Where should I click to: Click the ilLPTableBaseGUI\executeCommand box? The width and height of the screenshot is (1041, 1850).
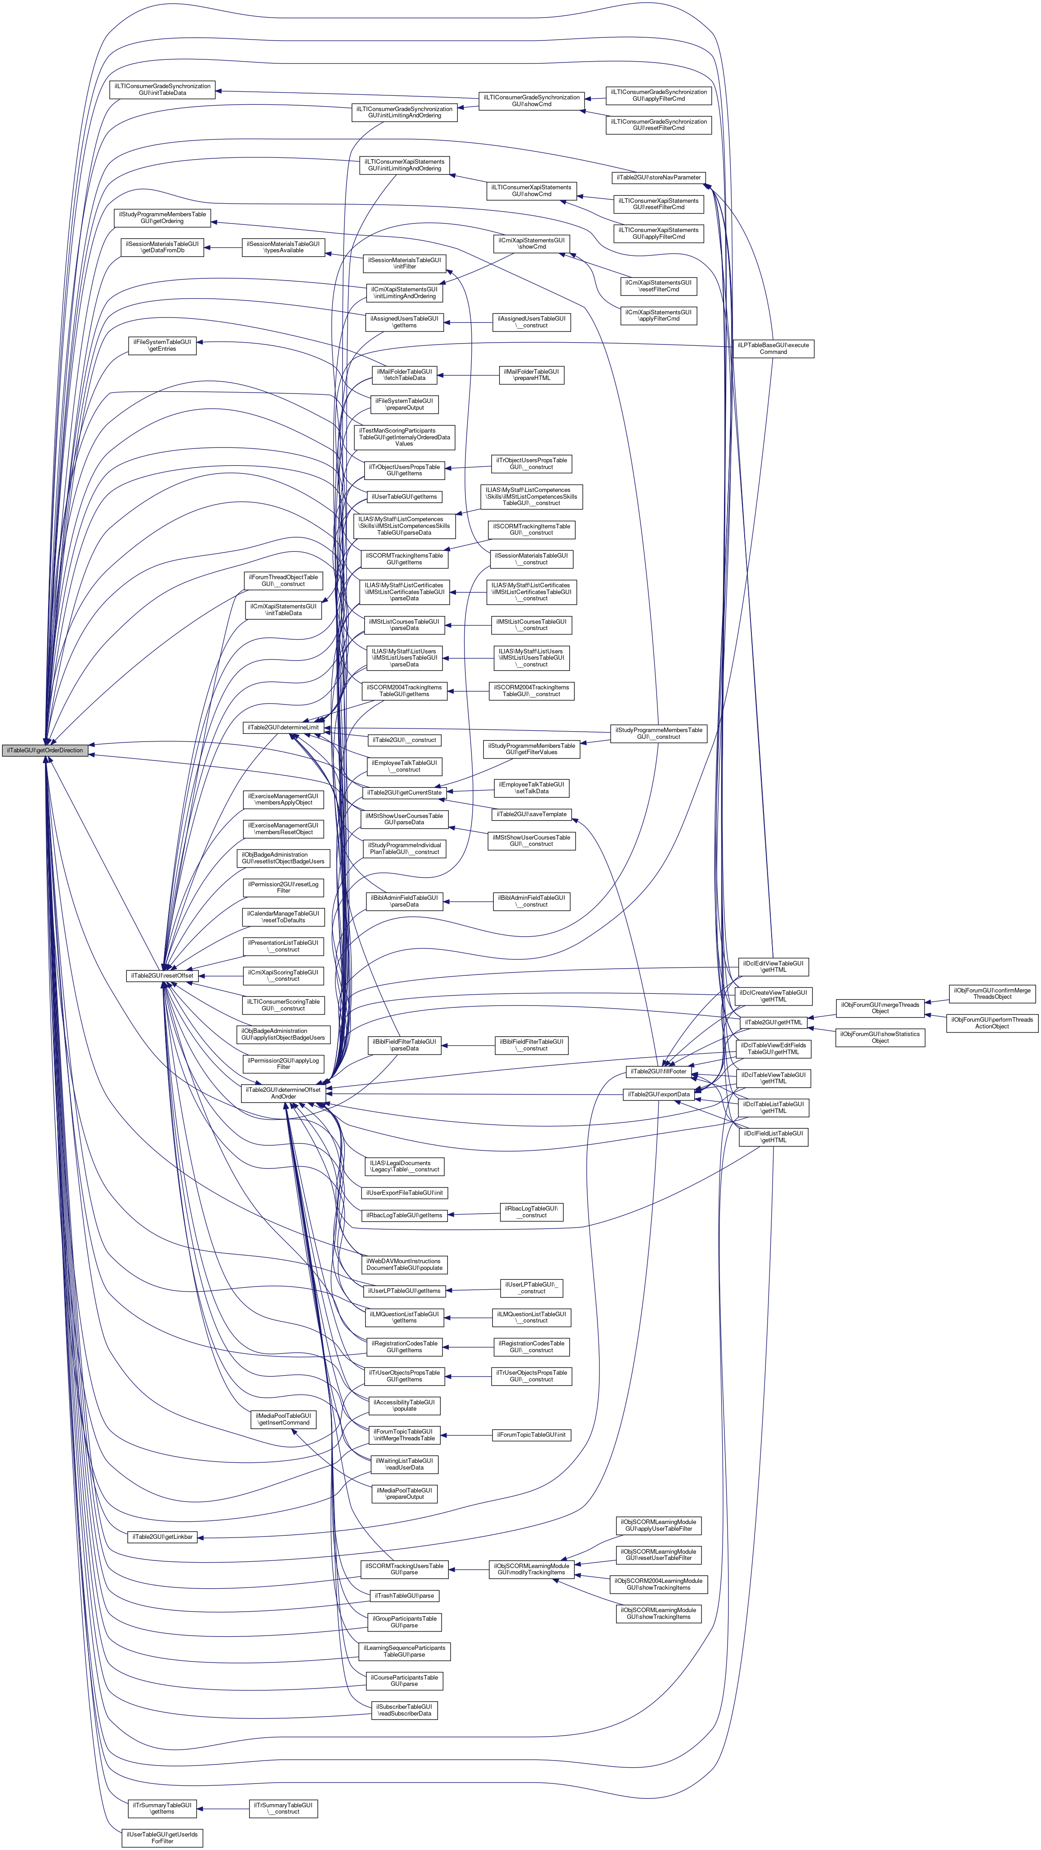[773, 349]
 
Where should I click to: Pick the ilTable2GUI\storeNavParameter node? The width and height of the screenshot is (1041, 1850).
[658, 177]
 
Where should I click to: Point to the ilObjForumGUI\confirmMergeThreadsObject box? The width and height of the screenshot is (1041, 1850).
[992, 993]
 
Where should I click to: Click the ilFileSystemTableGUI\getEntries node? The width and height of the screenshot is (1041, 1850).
[162, 345]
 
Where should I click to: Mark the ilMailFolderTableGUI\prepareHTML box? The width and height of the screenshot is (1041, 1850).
[531, 375]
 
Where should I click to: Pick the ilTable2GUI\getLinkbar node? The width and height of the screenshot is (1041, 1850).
[162, 1537]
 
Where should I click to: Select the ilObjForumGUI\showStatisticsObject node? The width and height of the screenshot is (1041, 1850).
[880, 1037]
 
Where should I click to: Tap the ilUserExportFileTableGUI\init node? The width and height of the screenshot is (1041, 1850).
[404, 1192]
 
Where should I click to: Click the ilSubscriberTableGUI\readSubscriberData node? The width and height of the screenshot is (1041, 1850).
[404, 1710]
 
